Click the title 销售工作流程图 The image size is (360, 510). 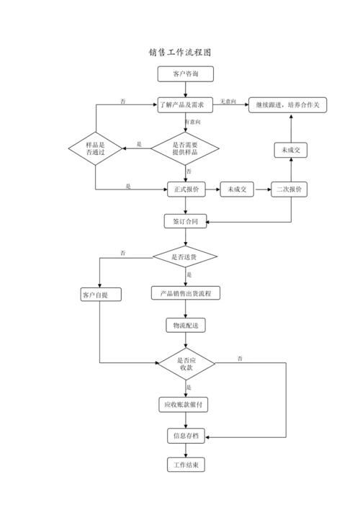point(180,53)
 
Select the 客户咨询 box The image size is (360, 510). point(185,73)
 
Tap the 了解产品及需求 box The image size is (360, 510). point(185,105)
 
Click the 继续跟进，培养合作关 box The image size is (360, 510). point(287,105)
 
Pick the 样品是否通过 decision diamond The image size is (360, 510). point(95,148)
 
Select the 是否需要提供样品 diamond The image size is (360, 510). point(185,148)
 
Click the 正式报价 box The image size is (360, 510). point(186,189)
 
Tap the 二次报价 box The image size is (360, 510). point(289,189)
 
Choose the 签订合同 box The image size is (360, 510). point(185,221)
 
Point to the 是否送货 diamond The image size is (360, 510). point(185,257)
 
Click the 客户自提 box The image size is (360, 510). point(101,295)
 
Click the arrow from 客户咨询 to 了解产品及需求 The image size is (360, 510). point(186,89)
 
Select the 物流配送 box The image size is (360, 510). point(186,326)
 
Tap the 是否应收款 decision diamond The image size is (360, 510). point(186,364)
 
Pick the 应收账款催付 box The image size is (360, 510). point(184,405)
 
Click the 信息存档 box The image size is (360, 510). point(186,436)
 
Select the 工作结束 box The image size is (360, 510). point(186,465)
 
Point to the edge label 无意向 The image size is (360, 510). point(228,102)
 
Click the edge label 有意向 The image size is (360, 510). point(192,122)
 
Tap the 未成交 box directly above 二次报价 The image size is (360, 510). point(291,151)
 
